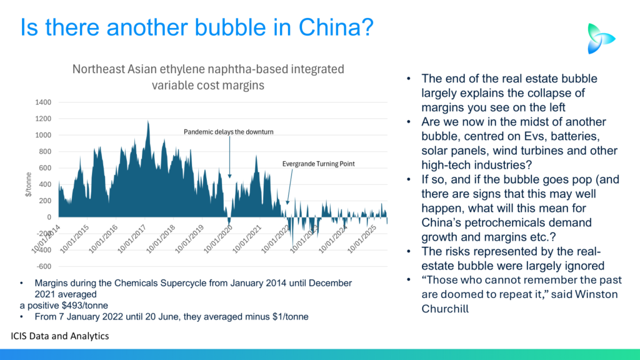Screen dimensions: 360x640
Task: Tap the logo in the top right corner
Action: tap(601, 38)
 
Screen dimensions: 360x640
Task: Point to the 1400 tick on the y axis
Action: tap(43, 102)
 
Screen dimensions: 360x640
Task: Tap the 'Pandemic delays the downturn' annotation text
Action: tap(229, 132)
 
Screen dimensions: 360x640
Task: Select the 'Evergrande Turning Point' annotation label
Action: tap(319, 164)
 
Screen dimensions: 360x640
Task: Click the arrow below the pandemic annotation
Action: tap(229, 156)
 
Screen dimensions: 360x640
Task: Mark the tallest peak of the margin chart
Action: tap(148, 121)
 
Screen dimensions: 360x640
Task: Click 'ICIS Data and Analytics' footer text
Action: tap(60, 336)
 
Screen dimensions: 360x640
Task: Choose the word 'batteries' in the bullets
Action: tap(556, 136)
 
